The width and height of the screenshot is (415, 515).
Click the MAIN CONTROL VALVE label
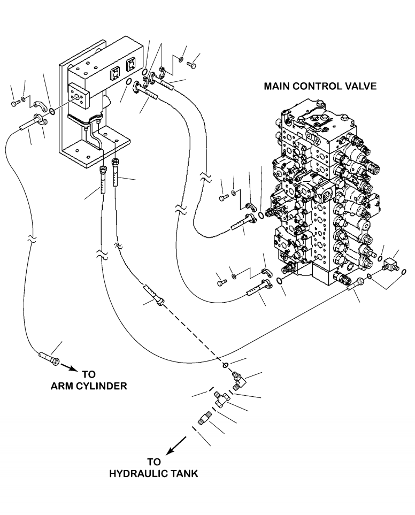coord(320,86)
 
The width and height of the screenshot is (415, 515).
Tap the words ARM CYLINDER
coord(89,386)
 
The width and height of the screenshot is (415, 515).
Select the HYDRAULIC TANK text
coord(153,474)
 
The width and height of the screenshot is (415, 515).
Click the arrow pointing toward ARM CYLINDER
coord(70,367)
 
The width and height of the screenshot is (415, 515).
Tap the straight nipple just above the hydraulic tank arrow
coord(204,418)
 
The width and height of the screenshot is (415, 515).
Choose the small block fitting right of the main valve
coord(391,264)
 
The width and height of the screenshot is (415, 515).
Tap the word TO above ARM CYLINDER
coord(89,374)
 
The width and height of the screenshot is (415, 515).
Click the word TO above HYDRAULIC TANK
coord(153,462)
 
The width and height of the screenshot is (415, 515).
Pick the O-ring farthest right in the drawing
coord(404,272)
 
